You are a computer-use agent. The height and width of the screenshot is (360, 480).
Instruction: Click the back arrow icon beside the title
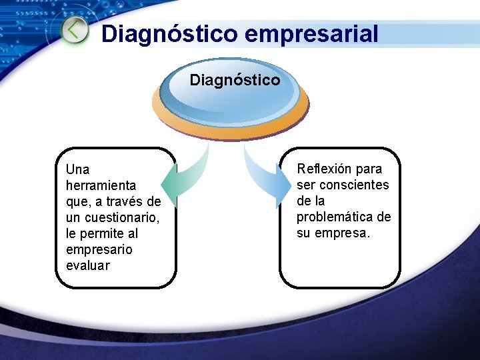point(75,31)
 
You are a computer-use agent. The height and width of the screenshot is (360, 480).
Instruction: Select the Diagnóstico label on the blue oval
point(235,80)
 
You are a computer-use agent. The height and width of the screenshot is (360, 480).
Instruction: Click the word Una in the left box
point(77,169)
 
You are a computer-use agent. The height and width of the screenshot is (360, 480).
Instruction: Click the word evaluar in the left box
point(88,265)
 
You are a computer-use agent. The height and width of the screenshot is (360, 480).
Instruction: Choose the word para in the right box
point(369,169)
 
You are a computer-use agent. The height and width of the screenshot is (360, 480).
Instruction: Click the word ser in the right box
point(305,185)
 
